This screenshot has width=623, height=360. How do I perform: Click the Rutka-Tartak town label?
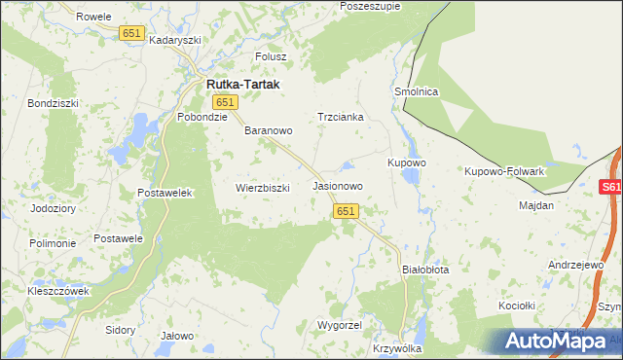pyautogui.click(x=242, y=85)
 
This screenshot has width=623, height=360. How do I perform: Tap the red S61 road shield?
pyautogui.click(x=610, y=188)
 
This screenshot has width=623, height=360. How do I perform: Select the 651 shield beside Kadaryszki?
pyautogui.click(x=132, y=33)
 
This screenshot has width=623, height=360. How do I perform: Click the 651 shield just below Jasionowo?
pyautogui.click(x=347, y=210)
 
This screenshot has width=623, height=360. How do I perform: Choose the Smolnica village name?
pyautogui.click(x=418, y=91)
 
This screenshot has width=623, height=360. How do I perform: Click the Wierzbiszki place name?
pyautogui.click(x=263, y=188)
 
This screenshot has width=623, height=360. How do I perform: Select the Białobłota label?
pyautogui.click(x=425, y=270)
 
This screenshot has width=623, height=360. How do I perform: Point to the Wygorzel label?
pyautogui.click(x=340, y=324)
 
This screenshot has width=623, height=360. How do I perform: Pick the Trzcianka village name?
pyautogui.click(x=341, y=117)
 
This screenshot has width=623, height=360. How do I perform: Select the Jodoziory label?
pyautogui.click(x=53, y=208)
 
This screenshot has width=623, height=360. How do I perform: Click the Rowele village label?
pyautogui.click(x=93, y=17)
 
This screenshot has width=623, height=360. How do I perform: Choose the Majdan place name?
pyautogui.click(x=536, y=205)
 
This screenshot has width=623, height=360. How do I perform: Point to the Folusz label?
pyautogui.click(x=271, y=56)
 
